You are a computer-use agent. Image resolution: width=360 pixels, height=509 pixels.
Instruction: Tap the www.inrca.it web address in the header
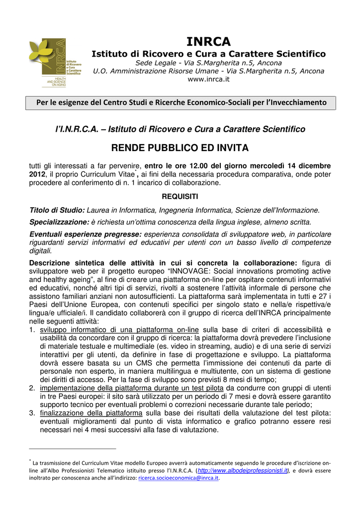coord(209,80)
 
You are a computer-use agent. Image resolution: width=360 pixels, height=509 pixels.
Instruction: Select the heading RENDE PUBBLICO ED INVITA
coord(180,148)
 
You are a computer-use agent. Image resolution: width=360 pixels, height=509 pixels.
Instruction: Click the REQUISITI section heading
coord(180,196)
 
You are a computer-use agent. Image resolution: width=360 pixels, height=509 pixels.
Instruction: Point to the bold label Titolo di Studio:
coord(57,210)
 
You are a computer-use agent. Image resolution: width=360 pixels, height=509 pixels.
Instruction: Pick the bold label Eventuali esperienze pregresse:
coord(86,234)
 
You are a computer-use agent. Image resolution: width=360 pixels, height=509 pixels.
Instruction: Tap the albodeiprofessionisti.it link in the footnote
coord(243,470)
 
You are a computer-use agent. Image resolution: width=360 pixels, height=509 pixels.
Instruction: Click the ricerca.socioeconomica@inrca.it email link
coord(178,478)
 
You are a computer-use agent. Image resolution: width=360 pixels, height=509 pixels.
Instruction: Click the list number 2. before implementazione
coord(32,388)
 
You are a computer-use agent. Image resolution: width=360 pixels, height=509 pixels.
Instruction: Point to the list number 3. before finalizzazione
coord(32,413)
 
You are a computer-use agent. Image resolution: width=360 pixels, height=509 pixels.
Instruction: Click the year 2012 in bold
coord(37,174)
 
